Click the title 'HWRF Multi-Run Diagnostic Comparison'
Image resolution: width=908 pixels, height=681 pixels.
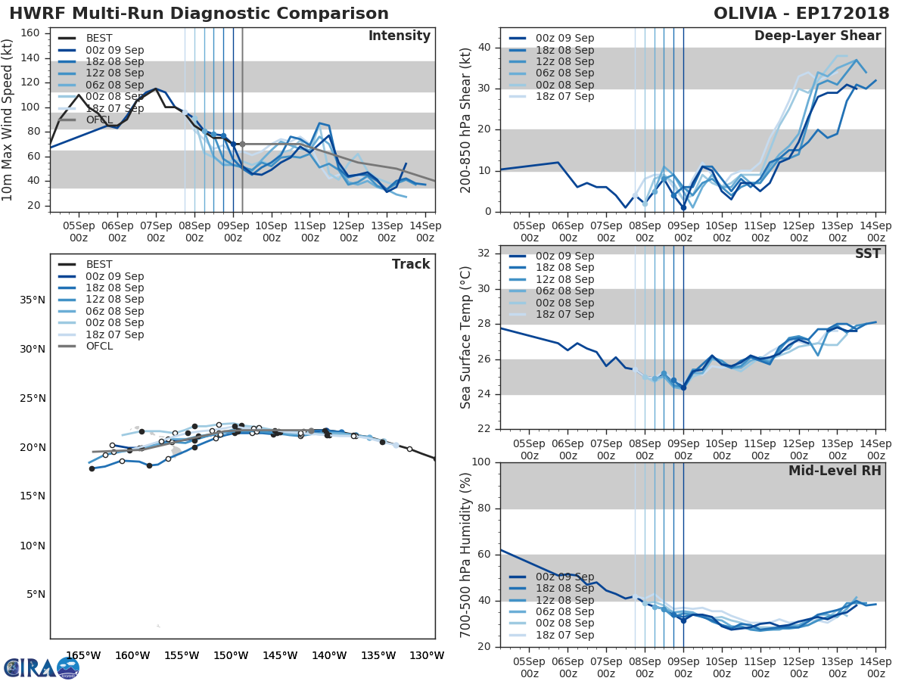click(x=199, y=14)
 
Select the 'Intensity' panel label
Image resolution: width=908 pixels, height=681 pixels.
click(x=399, y=36)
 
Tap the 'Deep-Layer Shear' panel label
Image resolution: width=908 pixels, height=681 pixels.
click(x=817, y=36)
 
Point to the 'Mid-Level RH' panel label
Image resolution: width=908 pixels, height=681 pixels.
click(x=835, y=471)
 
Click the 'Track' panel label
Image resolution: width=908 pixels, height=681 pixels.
click(x=410, y=264)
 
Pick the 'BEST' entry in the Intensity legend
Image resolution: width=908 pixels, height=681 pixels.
click(x=99, y=39)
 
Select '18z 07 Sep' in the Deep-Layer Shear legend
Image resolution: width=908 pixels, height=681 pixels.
click(x=564, y=96)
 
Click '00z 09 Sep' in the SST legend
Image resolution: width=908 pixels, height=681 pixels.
click(x=564, y=256)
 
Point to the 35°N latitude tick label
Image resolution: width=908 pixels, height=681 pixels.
click(x=32, y=300)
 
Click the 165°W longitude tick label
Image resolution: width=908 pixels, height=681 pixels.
click(x=83, y=655)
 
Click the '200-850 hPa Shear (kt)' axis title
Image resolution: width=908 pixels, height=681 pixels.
click(x=466, y=120)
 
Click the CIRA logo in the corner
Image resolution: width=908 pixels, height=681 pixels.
click(x=42, y=667)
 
